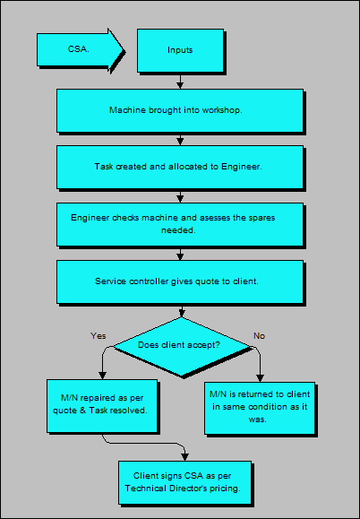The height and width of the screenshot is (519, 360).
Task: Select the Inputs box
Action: point(179,49)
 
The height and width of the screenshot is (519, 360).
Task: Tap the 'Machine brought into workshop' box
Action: point(179,110)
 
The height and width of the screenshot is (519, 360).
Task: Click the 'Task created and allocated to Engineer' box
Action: point(179,167)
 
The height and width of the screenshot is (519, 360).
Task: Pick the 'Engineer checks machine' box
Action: point(179,223)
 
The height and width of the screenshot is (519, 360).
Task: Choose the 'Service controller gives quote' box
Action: point(179,281)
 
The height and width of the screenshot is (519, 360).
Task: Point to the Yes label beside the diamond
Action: point(99,335)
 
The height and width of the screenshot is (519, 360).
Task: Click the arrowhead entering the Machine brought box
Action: point(181,86)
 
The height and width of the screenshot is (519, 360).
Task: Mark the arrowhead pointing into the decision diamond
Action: point(182,314)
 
